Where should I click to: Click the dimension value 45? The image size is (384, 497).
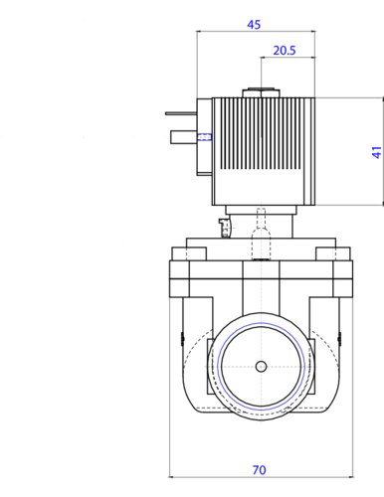click(x=254, y=25)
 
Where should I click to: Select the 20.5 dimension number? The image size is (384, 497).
click(x=285, y=51)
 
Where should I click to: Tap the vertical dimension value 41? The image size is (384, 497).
click(x=377, y=152)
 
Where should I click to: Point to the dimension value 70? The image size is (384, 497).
click(x=259, y=470)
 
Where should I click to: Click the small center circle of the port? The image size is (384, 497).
click(x=262, y=367)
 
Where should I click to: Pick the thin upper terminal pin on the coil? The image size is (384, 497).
click(x=181, y=113)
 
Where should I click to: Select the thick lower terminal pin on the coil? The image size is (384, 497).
click(x=184, y=137)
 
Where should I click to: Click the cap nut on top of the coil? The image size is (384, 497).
click(x=262, y=93)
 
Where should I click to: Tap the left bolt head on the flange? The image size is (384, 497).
click(x=189, y=253)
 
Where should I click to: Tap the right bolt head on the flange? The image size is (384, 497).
click(x=333, y=253)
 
